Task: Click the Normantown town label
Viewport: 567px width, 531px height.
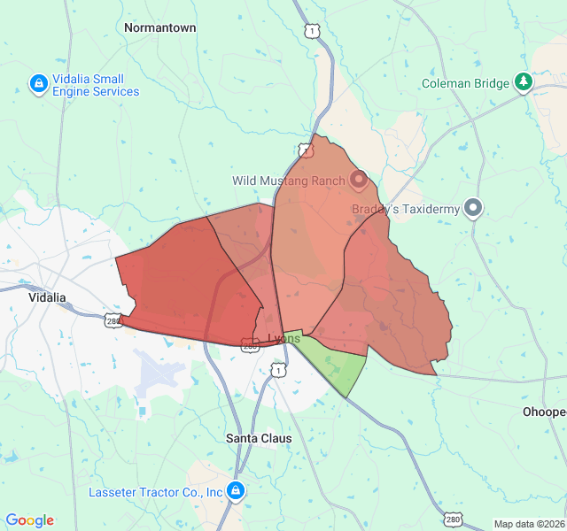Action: pos(159,27)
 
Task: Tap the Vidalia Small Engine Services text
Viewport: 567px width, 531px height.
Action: pos(95,85)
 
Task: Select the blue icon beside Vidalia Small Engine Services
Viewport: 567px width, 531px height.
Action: pos(38,84)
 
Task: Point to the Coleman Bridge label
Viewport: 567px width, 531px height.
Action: pos(465,83)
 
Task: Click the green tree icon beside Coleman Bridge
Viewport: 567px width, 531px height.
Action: pos(524,82)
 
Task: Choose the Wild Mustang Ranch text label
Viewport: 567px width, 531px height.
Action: pos(289,181)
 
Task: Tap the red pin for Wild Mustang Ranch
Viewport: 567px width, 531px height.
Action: pos(359,181)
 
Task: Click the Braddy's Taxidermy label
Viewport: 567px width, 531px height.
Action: pos(406,210)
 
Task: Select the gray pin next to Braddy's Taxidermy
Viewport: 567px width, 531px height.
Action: pos(473,209)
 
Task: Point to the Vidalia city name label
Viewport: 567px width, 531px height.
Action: pos(47,297)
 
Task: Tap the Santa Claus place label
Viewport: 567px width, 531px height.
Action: pos(259,438)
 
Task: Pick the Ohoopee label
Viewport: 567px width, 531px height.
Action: pos(544,412)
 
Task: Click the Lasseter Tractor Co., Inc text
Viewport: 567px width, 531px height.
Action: pos(155,491)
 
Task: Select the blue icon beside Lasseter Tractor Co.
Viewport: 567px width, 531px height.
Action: pos(235,490)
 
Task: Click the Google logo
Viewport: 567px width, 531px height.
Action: pos(29,520)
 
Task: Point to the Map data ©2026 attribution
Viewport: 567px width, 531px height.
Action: pos(529,524)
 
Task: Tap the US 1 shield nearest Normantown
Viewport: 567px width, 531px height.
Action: pos(310,31)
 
